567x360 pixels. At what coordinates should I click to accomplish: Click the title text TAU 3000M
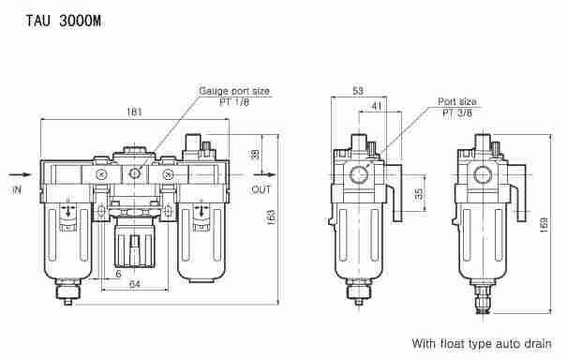click(64, 21)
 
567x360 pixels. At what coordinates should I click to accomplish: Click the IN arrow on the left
click(21, 174)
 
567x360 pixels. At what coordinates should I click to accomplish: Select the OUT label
click(261, 189)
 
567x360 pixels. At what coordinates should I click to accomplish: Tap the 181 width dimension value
click(134, 112)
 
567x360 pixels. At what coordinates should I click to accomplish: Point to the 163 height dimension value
click(271, 217)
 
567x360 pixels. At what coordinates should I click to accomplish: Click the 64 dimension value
click(135, 284)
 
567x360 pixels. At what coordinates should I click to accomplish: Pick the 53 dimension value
click(358, 90)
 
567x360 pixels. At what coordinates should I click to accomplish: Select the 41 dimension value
click(377, 106)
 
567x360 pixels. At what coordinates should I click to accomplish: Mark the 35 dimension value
click(419, 194)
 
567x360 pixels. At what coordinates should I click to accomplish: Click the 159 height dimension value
click(545, 224)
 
